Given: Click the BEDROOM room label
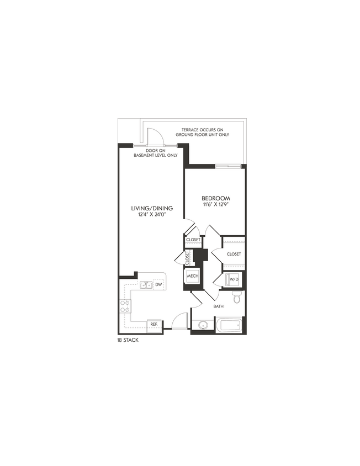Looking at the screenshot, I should (x=215, y=198).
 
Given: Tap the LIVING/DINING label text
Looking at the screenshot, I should (x=152, y=208).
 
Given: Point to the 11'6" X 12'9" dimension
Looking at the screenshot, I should (x=215, y=205).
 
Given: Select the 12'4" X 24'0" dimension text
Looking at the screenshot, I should (x=152, y=215).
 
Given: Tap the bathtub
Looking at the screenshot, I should (x=229, y=324).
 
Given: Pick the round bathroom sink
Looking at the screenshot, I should (x=203, y=325).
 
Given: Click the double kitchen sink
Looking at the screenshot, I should (x=146, y=285).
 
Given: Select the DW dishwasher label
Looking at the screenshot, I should (x=158, y=285).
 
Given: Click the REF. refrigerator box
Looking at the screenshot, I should (x=152, y=325).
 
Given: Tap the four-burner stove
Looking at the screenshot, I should (x=125, y=306).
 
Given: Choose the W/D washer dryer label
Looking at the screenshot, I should (x=232, y=280).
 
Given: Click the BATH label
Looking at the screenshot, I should (x=219, y=306).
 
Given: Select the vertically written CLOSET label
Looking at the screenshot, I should (x=187, y=256).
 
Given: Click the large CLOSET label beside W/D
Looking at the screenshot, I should (x=234, y=254).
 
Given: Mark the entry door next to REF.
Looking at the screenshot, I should (x=178, y=322).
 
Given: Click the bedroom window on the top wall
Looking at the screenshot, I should (x=227, y=165).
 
